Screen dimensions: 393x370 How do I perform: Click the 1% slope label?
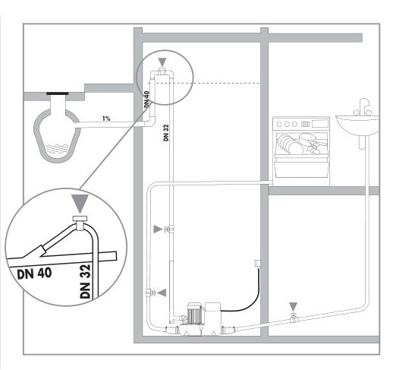106,119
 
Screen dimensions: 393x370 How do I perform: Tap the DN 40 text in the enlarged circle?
34,274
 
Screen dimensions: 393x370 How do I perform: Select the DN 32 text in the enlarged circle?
85,281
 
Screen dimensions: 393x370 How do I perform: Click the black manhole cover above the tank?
58,93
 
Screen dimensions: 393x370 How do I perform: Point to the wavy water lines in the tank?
58,149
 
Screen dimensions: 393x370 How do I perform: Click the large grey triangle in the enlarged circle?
80,204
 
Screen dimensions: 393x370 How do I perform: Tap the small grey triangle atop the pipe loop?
162,62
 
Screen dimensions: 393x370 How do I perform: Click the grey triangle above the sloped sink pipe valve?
293,306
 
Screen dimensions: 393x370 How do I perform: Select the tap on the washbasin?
363,106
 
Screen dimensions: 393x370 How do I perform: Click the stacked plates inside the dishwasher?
290,144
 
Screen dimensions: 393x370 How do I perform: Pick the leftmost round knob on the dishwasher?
279,124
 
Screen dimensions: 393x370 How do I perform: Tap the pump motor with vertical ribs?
194,313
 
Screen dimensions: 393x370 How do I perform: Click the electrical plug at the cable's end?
257,263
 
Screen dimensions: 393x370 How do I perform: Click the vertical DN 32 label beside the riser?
166,132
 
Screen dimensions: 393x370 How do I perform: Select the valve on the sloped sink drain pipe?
293,318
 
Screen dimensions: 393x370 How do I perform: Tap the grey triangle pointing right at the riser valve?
158,229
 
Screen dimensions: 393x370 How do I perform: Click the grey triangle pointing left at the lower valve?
162,293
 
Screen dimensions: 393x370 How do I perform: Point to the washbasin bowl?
357,125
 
